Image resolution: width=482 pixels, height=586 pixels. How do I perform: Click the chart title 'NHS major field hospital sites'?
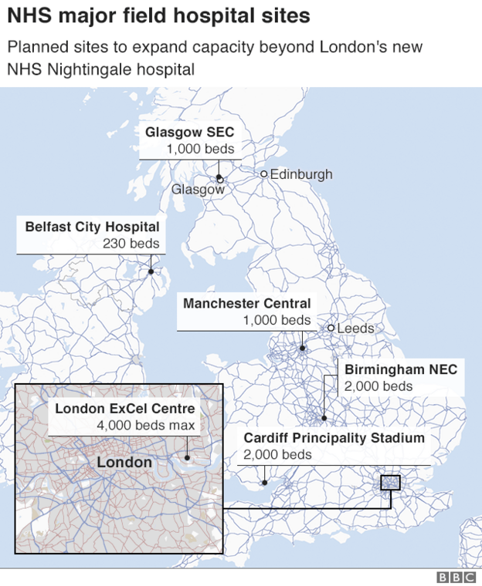coord(159,15)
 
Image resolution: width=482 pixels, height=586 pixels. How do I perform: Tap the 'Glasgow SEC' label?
coord(189,133)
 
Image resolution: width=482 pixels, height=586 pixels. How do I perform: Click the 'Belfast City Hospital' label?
coord(92,227)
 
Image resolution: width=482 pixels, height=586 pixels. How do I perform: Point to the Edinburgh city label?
coord(301,174)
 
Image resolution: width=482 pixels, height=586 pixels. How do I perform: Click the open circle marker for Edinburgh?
coord(263,174)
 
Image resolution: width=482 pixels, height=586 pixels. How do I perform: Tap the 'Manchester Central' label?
coord(246,303)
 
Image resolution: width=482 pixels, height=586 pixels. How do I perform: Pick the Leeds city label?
coord(355,328)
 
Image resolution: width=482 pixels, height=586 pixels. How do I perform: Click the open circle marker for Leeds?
coord(331,328)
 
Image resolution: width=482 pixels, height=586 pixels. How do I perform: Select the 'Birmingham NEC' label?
coord(400,369)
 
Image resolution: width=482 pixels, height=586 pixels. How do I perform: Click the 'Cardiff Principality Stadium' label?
coord(334,438)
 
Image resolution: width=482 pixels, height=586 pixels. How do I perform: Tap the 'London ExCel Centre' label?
coord(124,409)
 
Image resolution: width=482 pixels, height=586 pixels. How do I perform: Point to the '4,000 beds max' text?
coord(146,426)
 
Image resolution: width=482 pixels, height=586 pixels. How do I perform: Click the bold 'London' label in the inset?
coord(124,463)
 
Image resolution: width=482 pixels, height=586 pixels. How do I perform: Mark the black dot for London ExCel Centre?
coord(187,457)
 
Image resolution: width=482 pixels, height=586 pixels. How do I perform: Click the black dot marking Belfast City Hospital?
coord(151,271)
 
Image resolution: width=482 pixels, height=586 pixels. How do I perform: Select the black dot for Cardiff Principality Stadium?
coord(264,483)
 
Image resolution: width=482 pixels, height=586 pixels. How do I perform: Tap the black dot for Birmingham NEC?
coord(324,419)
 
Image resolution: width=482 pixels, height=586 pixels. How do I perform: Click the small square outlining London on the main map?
coord(391,483)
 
